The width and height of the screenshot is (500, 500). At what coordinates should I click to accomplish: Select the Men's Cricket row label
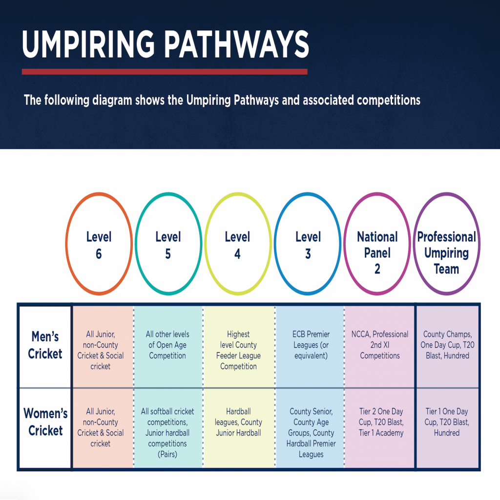(x=45, y=345)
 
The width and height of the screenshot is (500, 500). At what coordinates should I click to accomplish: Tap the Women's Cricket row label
(x=45, y=422)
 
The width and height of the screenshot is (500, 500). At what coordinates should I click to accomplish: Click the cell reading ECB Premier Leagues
(x=311, y=345)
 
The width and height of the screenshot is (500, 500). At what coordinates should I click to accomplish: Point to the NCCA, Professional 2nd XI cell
(x=380, y=345)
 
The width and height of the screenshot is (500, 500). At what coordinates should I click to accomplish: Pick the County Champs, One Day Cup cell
(x=447, y=345)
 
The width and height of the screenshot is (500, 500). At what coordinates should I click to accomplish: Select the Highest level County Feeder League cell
(x=238, y=350)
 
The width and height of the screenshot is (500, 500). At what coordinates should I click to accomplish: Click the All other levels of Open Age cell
(x=167, y=345)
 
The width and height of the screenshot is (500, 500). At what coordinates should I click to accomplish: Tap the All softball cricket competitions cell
(x=167, y=433)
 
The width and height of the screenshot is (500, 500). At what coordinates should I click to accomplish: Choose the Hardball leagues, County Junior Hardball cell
(x=238, y=422)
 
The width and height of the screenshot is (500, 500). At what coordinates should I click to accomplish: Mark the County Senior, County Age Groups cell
(x=311, y=433)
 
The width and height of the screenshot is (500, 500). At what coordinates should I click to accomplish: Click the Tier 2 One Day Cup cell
(x=380, y=422)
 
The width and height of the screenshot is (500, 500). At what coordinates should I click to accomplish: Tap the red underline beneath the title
(x=165, y=71)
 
